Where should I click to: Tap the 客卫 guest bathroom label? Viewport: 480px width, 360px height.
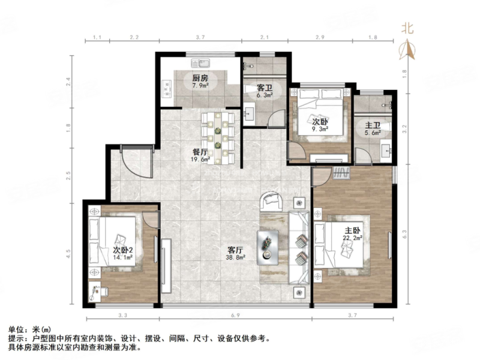point(265,87)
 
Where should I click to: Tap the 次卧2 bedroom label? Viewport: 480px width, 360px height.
point(122,250)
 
